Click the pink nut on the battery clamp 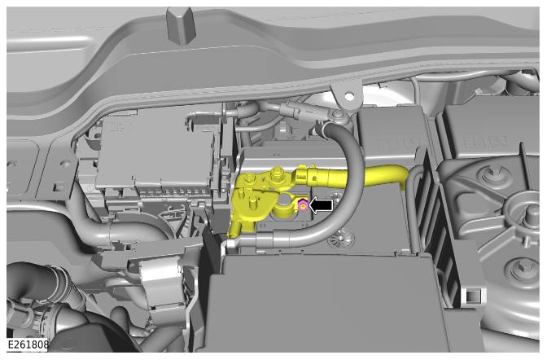(x=303, y=206)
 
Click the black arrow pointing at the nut (x=321, y=205)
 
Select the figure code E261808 (x=28, y=345)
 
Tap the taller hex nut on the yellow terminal (x=277, y=173)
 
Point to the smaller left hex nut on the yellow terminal (x=250, y=179)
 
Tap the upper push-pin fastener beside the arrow (x=337, y=198)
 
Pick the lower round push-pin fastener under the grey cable (x=337, y=239)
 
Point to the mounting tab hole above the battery (x=348, y=95)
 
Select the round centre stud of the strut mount (x=532, y=212)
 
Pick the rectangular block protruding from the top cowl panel (x=181, y=27)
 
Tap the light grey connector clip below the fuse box (x=161, y=281)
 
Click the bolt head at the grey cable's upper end (x=337, y=114)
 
